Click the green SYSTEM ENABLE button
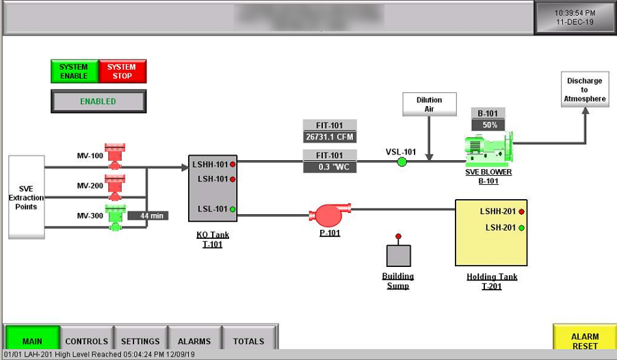[74, 71]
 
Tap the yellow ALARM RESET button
[584, 340]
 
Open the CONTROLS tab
[86, 340]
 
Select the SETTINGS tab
[140, 340]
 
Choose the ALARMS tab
[194, 340]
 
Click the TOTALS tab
[248, 340]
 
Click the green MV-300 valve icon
[115, 217]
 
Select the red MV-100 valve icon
[115, 156]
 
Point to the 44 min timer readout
[148, 216]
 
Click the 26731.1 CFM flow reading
[330, 137]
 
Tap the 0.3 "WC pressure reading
[330, 167]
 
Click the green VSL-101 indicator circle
[402, 162]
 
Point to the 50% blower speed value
[488, 125]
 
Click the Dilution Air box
[429, 104]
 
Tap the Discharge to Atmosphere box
[584, 90]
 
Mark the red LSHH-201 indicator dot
[521, 212]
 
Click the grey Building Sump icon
[398, 255]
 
